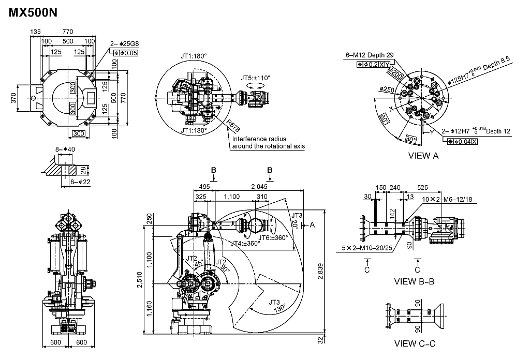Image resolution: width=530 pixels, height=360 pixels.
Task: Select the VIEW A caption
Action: (x=423, y=156)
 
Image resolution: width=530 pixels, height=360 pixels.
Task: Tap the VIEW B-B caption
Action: (x=414, y=281)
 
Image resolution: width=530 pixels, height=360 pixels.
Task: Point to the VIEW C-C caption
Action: (x=415, y=343)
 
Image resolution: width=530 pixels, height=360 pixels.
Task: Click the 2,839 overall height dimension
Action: (x=321, y=277)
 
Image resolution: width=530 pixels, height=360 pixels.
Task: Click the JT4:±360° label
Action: (x=245, y=243)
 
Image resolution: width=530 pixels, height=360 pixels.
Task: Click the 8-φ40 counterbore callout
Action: (x=66, y=149)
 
